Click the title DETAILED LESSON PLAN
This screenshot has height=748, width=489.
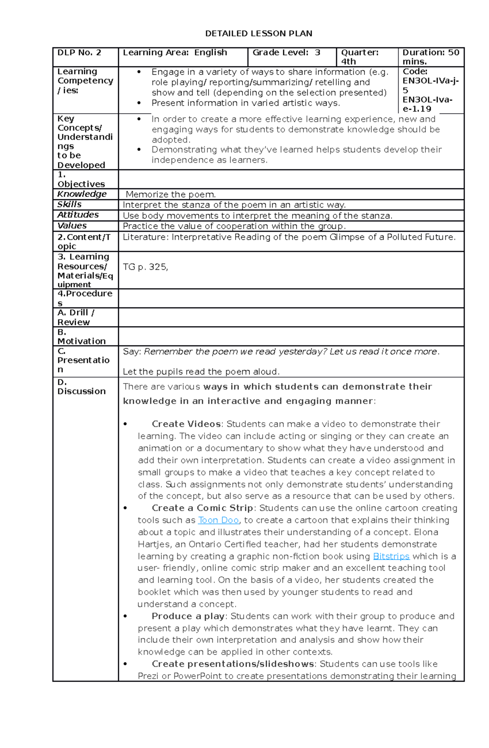tap(258, 33)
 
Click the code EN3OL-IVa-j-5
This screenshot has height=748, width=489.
tap(430, 85)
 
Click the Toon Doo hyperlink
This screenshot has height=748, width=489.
tap(218, 520)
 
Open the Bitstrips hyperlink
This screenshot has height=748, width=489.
tap(391, 556)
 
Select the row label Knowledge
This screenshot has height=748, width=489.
tap(82, 194)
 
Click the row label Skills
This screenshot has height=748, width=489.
tap(69, 204)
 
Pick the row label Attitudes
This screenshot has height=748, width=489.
tap(78, 215)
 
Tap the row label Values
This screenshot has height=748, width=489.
tap(72, 225)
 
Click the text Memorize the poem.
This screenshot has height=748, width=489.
tap(171, 194)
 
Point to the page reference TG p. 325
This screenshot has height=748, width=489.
tap(145, 267)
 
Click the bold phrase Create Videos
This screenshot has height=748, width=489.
tap(186, 424)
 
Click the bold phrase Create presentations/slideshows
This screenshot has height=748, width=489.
tap(232, 664)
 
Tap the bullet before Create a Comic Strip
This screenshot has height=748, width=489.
tap(125, 508)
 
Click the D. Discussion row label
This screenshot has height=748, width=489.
tap(81, 387)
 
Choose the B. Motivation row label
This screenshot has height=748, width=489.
tap(81, 337)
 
